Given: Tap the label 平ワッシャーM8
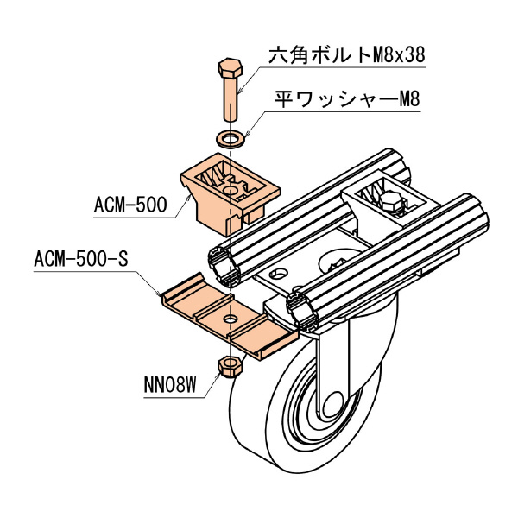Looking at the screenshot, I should [x=345, y=100].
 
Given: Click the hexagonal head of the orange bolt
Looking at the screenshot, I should [x=230, y=68].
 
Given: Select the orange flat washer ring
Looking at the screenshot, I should [x=230, y=136].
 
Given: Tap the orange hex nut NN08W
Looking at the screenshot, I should [x=231, y=366].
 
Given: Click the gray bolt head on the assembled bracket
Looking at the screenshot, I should [x=390, y=205].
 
